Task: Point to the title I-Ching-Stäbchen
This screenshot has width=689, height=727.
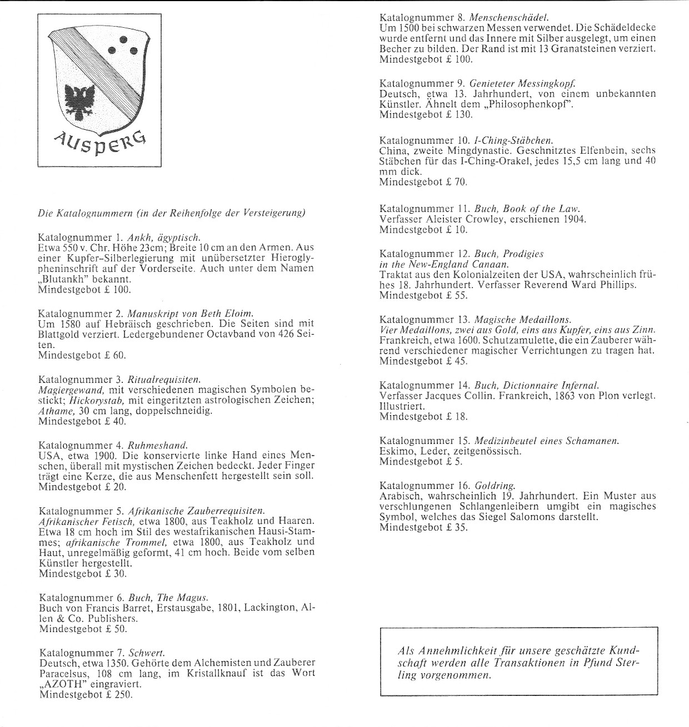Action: click(513, 140)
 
